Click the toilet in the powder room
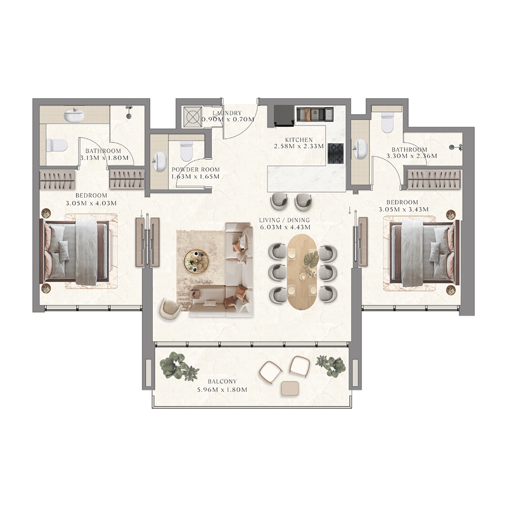coord(186,151)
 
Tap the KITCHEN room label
coord(298,138)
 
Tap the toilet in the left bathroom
coord(58,145)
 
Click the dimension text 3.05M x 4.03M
coord(91,204)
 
